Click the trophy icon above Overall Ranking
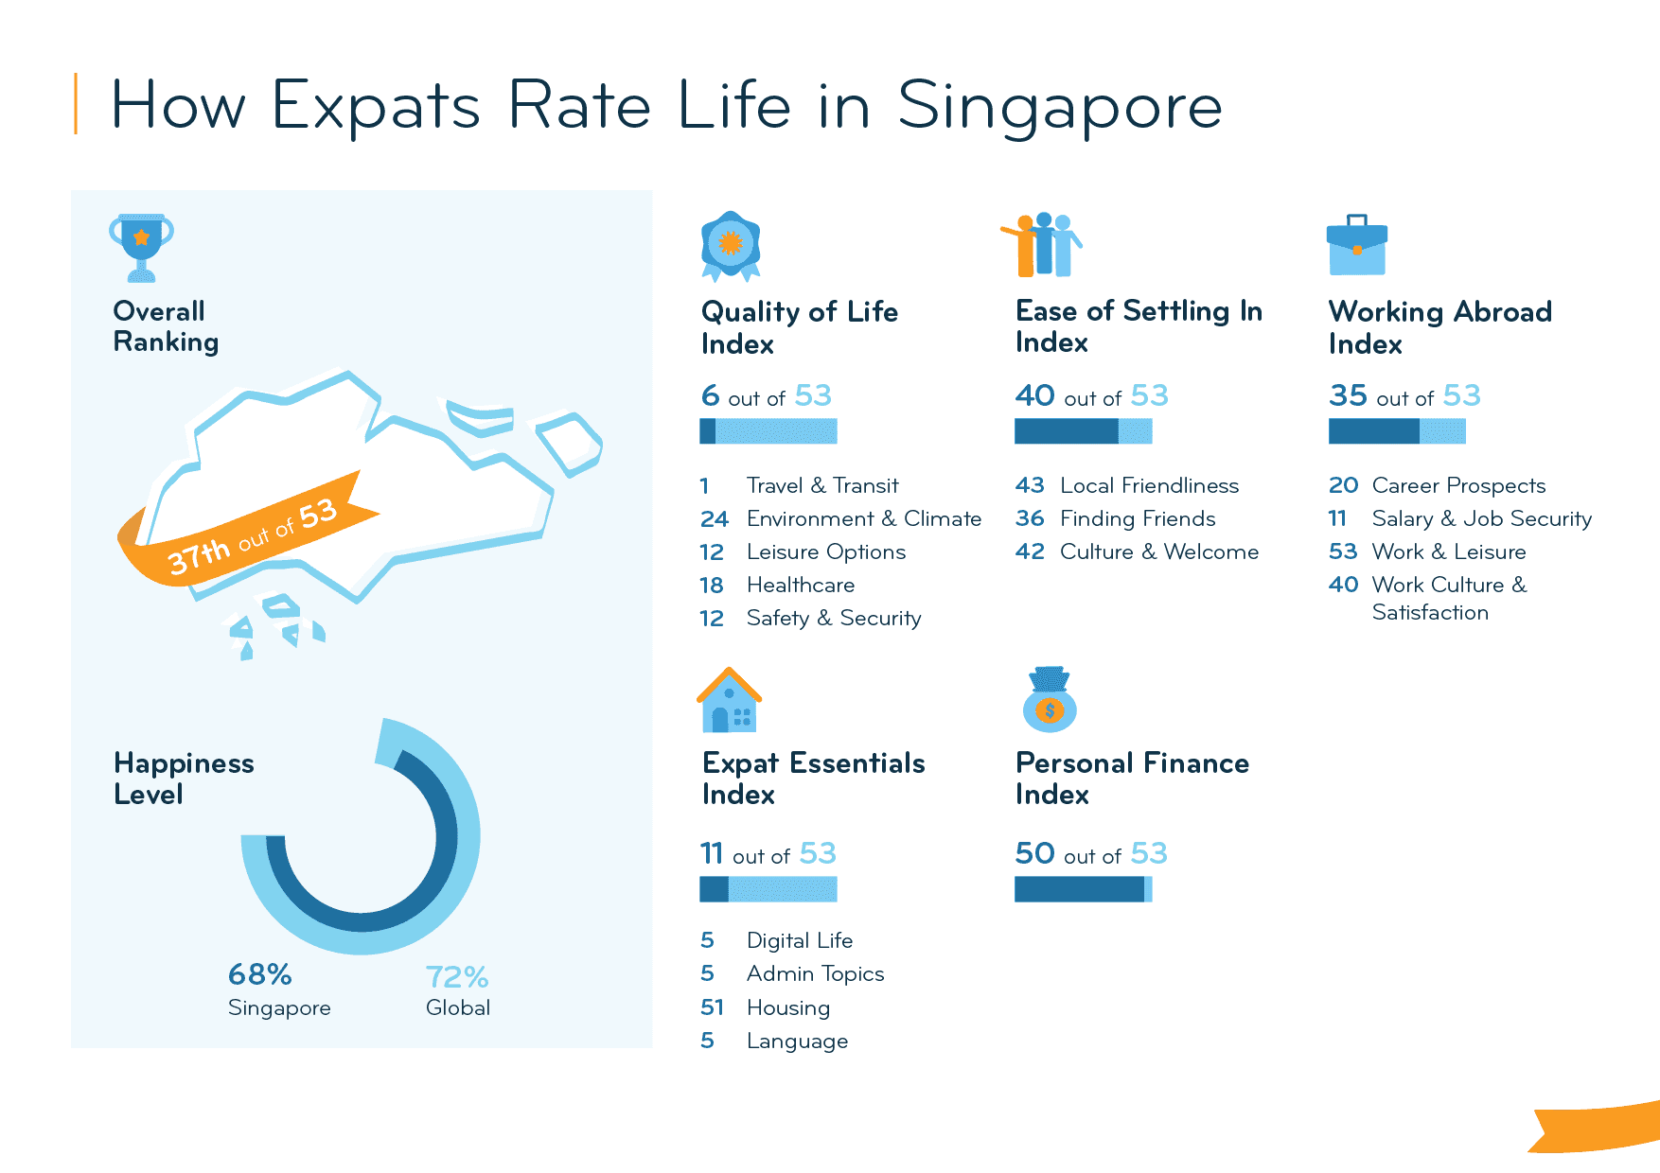coord(141,247)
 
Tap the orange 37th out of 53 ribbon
coord(250,534)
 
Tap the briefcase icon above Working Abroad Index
coord(1356,245)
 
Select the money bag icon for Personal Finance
coord(1050,700)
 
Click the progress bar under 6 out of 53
coord(768,431)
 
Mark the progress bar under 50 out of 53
coord(1083,889)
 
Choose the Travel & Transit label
coord(821,485)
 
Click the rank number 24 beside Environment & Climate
coord(715,518)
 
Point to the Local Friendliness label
coord(1149,485)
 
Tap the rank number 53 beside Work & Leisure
coord(1343,551)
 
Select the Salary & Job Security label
coord(1481,518)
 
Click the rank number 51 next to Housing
coord(712,1007)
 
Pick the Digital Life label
coord(799,940)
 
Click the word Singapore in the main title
coord(1059,106)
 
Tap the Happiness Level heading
coord(184,778)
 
